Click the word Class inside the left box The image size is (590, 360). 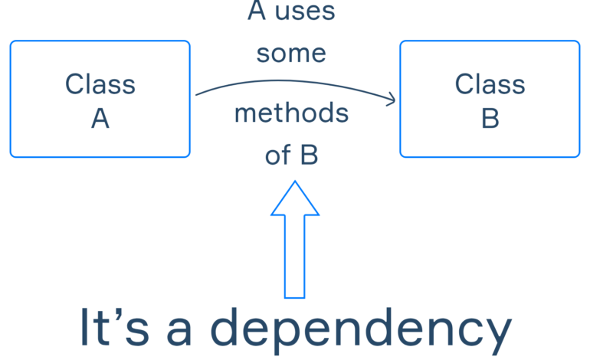100,84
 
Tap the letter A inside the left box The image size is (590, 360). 100,119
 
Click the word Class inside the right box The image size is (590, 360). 490,84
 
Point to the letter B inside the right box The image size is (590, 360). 490,119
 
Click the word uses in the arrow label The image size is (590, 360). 305,11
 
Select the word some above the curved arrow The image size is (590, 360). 291,54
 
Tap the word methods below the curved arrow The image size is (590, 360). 292,113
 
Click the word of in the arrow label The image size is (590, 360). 278,155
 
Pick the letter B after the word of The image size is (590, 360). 310,155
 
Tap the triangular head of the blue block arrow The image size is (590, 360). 295,199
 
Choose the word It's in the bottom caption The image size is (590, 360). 114,326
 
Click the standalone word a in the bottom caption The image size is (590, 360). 179,332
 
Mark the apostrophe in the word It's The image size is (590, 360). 119,314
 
